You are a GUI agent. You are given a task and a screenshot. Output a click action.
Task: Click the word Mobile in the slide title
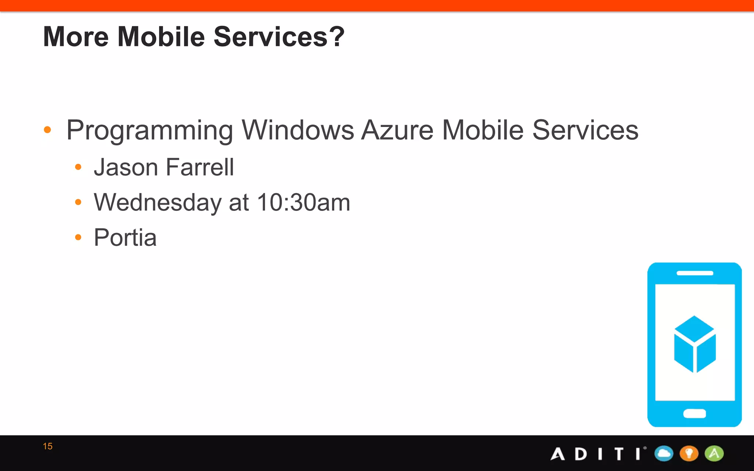pos(161,37)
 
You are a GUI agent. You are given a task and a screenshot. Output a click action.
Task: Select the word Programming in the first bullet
pos(149,131)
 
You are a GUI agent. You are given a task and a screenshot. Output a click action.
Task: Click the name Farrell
pos(200,167)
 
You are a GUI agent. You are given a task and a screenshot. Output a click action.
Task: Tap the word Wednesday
pos(158,203)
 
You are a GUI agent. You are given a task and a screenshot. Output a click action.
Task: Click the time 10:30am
pos(303,202)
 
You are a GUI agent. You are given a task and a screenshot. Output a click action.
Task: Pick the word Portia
pos(125,238)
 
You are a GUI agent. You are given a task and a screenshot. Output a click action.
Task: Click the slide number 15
pos(48,446)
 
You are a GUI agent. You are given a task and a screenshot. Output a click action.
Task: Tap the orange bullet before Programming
pos(47,130)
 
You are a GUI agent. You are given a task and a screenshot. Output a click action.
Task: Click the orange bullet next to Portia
pos(78,238)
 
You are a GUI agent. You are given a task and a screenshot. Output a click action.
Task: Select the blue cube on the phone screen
pos(695,344)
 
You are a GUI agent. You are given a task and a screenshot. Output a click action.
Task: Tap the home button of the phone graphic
pos(695,414)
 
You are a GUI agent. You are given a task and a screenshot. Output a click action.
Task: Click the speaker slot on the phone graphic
pos(695,273)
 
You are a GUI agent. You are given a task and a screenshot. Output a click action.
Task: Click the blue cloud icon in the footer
pos(664,454)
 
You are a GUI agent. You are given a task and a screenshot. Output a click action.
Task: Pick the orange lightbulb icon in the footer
pos(689,454)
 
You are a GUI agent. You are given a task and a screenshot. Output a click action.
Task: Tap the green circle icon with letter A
pos(714,454)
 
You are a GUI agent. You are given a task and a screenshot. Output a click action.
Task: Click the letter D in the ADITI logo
pos(581,454)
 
